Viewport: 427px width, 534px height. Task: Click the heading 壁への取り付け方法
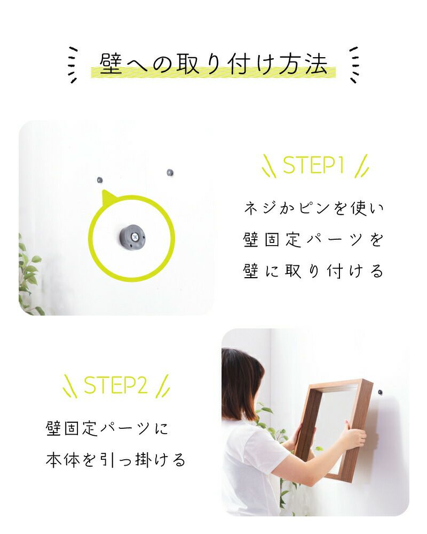tap(213, 64)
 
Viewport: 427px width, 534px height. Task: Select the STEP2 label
tap(115, 385)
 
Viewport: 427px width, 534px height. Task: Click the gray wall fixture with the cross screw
tap(132, 236)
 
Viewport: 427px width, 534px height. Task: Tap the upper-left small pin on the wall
tap(99, 180)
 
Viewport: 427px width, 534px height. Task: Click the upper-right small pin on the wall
tap(170, 172)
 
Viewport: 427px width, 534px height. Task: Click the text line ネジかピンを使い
tap(314, 208)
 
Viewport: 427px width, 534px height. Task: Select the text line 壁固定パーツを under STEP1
tap(314, 239)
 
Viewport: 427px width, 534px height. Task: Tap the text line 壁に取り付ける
tap(314, 271)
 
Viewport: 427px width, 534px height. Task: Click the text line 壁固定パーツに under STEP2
tap(107, 428)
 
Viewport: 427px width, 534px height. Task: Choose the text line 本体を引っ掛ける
tap(115, 459)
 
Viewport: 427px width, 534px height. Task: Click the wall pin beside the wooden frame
tap(381, 392)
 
